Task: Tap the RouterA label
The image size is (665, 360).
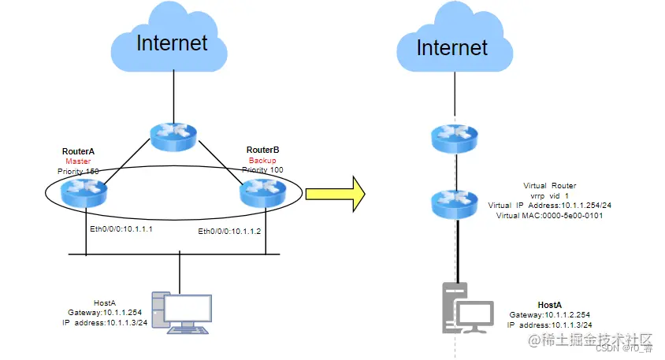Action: (x=80, y=150)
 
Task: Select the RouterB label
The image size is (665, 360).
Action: (x=262, y=150)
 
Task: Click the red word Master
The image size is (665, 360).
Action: (x=80, y=161)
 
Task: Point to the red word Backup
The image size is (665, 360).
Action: (x=262, y=160)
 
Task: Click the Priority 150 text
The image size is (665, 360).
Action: (x=80, y=171)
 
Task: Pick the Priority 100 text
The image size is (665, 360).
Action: (x=262, y=169)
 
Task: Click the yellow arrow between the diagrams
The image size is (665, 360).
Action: (x=335, y=193)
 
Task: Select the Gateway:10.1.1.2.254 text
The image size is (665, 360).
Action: (x=549, y=314)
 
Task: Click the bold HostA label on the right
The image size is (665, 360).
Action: (x=550, y=304)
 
